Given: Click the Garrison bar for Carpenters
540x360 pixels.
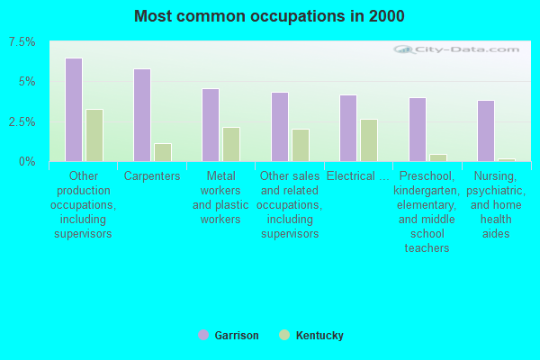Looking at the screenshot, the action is click(142, 115).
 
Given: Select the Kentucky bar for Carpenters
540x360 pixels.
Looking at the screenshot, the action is click(163, 152).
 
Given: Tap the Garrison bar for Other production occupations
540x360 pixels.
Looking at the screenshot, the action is click(74, 110).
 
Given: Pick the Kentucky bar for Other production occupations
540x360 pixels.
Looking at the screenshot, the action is click(94, 135).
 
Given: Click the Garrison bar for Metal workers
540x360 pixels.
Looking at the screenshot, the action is click(211, 125).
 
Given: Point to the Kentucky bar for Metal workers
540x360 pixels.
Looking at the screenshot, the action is click(231, 144).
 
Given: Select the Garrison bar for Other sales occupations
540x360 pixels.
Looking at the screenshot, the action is click(280, 127).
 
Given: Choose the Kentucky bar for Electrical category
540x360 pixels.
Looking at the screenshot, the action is click(369, 140).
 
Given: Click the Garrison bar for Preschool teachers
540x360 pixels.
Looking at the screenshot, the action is click(418, 130).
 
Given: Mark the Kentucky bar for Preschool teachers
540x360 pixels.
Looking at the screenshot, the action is click(438, 157).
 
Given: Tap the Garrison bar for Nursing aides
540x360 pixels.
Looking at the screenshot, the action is click(486, 130).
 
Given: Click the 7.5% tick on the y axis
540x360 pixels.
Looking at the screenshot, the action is click(22, 42).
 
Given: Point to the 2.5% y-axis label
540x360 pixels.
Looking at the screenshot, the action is click(22, 122).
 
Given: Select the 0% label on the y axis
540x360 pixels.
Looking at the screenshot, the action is click(27, 162).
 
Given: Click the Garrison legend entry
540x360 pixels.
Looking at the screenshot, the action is click(229, 335).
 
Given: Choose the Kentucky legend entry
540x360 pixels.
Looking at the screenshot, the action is click(311, 335).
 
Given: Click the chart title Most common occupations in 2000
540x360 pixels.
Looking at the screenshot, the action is click(269, 16).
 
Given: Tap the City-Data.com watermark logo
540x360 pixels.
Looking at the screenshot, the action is click(456, 49).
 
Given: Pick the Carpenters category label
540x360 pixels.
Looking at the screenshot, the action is click(152, 176).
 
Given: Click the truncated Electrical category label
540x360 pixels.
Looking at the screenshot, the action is click(358, 176).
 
